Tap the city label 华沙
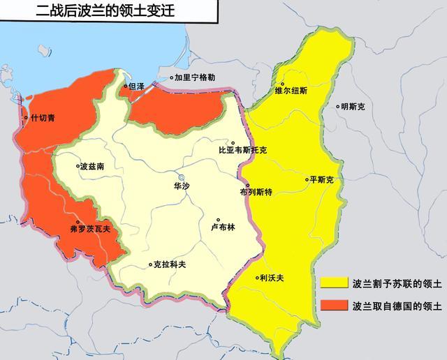(x=182, y=186)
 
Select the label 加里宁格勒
(x=195, y=78)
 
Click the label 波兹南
(x=91, y=167)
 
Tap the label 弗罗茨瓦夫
(x=90, y=228)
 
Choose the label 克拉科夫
(x=170, y=264)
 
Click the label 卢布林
(x=223, y=227)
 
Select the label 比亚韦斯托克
(x=242, y=150)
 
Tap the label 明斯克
(x=352, y=107)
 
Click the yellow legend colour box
(x=335, y=284)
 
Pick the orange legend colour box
(x=335, y=305)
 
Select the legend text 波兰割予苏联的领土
(x=397, y=284)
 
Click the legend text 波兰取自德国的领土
(x=397, y=305)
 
